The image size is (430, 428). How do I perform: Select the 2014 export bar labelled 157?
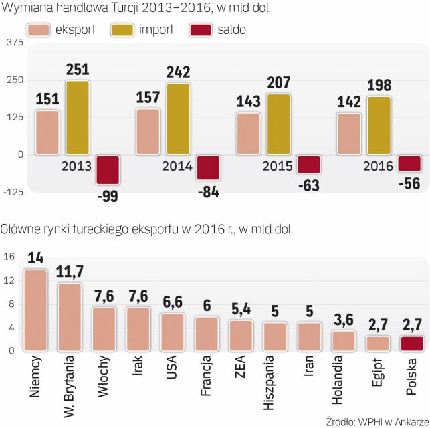[148, 132]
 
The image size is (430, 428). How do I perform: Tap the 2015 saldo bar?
[308, 165]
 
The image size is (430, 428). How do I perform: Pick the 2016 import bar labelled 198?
[379, 126]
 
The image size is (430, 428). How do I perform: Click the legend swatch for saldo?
[202, 30]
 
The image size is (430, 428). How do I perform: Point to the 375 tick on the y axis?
[13, 42]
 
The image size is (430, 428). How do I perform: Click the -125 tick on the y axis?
[12, 193]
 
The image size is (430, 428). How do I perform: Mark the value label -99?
[108, 195]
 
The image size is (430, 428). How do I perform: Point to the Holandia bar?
[344, 341]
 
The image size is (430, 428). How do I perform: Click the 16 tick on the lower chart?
[9, 256]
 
